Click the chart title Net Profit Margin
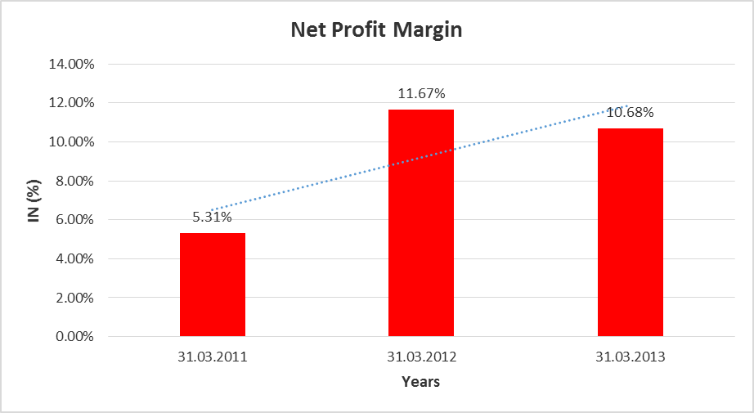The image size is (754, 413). pyautogui.click(x=377, y=31)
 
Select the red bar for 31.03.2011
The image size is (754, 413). pyautogui.click(x=213, y=285)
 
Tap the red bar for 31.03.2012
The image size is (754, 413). pyautogui.click(x=421, y=222)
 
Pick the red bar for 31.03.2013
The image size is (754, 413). pyautogui.click(x=630, y=232)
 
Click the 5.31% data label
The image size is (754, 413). pyautogui.click(x=213, y=218)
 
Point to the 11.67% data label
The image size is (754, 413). pyautogui.click(x=421, y=94)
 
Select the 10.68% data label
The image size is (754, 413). pyautogui.click(x=630, y=113)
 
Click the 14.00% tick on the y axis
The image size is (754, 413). pyautogui.click(x=72, y=64)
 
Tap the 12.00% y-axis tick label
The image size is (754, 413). pyautogui.click(x=72, y=103)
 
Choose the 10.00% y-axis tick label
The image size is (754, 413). pyautogui.click(x=72, y=142)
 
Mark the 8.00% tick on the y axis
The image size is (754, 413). pyautogui.click(x=75, y=181)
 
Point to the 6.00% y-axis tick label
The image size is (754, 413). pyautogui.click(x=75, y=220)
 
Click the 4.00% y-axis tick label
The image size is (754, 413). pyautogui.click(x=75, y=259)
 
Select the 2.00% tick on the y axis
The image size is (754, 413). pyautogui.click(x=75, y=298)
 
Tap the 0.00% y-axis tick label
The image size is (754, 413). pyautogui.click(x=75, y=336)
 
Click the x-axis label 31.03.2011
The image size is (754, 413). pyautogui.click(x=213, y=357)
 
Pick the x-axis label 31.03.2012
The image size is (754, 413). pyautogui.click(x=421, y=357)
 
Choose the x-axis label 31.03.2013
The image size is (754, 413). pyautogui.click(x=630, y=357)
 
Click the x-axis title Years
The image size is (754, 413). pyautogui.click(x=421, y=382)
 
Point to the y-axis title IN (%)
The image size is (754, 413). pyautogui.click(x=35, y=200)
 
